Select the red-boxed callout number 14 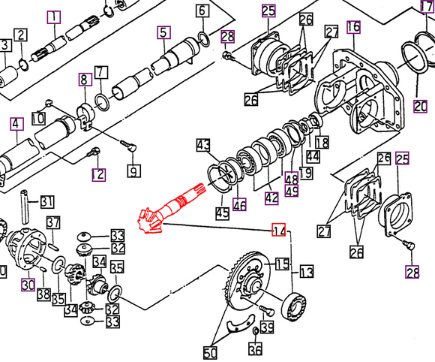click(279, 230)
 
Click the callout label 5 click(162, 32)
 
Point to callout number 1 click(54, 16)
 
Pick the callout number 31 click(46, 201)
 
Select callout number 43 click(203, 144)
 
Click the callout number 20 click(420, 105)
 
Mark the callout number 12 click(98, 175)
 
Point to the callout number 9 click(133, 171)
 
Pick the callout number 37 click(53, 222)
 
